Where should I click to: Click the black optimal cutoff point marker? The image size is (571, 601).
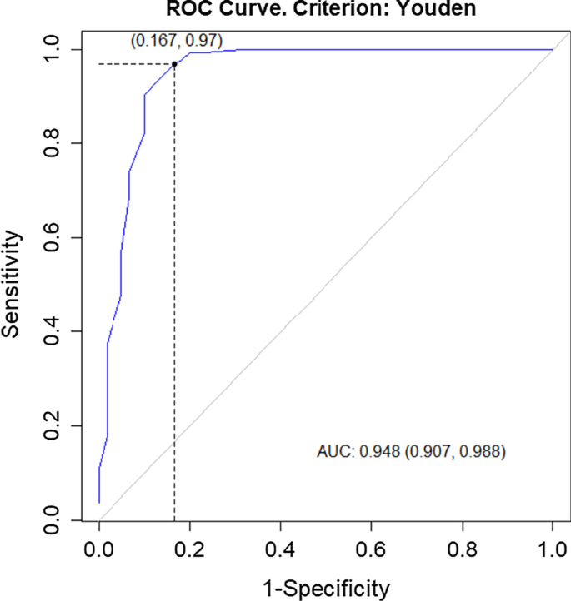pyautogui.click(x=174, y=64)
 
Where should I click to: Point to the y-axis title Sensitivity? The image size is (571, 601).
pyautogui.click(x=12, y=284)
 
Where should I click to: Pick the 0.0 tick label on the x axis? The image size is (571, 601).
pyautogui.click(x=98, y=552)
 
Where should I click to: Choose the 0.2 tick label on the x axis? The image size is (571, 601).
pyautogui.click(x=189, y=552)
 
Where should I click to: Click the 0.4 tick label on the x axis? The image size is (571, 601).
pyautogui.click(x=280, y=552)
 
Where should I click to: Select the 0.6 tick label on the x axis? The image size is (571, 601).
pyautogui.click(x=371, y=552)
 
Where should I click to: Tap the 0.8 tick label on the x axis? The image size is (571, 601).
pyautogui.click(x=462, y=552)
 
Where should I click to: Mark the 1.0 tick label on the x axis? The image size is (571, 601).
pyautogui.click(x=552, y=552)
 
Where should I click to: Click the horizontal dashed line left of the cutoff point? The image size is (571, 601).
pyautogui.click(x=136, y=64)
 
